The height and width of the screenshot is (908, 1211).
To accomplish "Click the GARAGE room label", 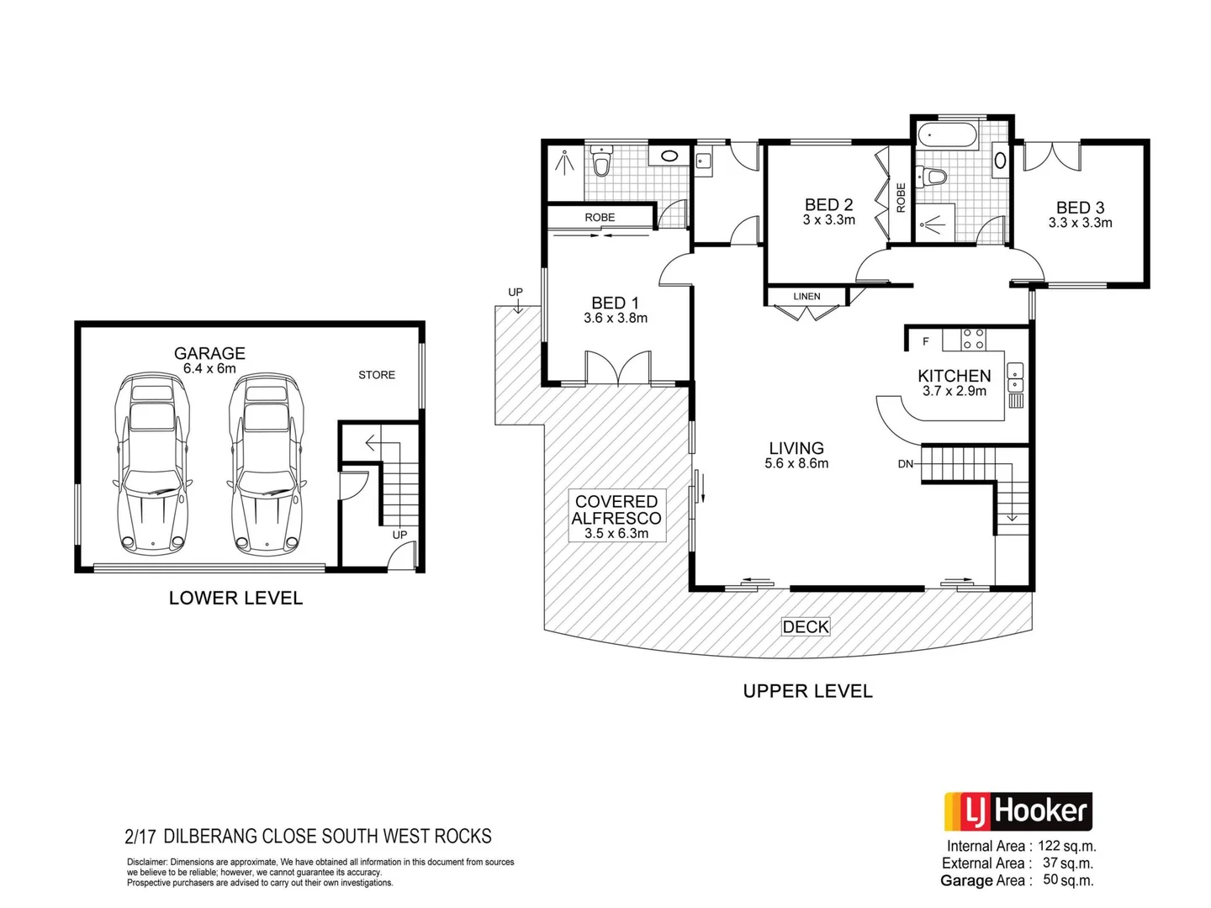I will click(x=209, y=354).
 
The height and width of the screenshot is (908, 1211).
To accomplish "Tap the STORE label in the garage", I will click(x=376, y=375).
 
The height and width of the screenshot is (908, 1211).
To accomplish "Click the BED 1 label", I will click(x=615, y=303).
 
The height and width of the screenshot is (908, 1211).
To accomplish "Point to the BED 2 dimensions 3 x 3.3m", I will click(x=828, y=220).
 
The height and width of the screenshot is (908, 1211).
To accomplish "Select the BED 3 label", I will click(x=1080, y=208).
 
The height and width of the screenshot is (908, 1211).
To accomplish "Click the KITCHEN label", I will click(x=954, y=376).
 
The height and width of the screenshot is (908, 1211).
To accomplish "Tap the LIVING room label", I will click(x=796, y=448).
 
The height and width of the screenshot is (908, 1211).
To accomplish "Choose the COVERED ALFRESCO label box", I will click(x=616, y=515).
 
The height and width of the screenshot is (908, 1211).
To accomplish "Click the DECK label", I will click(x=806, y=627).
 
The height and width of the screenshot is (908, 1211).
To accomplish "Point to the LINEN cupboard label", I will click(x=806, y=297).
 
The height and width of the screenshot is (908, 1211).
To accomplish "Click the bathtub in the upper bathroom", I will click(x=947, y=135).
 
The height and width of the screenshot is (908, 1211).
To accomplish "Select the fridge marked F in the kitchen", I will click(x=926, y=340).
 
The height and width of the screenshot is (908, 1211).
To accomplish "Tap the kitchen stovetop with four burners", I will click(x=974, y=339).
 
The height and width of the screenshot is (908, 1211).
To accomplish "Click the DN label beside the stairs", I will click(x=905, y=464).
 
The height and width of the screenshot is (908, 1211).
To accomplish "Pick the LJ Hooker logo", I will click(x=1018, y=811).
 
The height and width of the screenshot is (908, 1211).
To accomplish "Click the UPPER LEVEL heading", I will click(x=807, y=691).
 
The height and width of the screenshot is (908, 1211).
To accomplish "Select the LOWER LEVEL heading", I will click(x=235, y=599).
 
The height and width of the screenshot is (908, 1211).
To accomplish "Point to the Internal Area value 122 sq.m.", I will click(x=1066, y=847).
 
